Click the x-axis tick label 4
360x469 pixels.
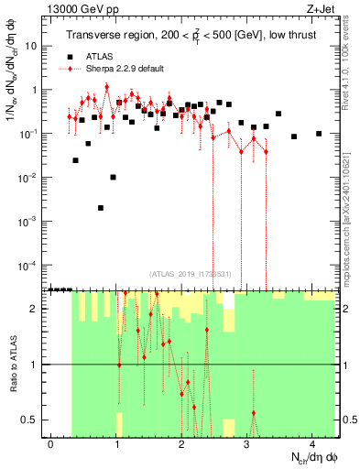click(312, 443)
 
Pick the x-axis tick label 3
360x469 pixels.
click(247, 443)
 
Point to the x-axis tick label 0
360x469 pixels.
click(51, 443)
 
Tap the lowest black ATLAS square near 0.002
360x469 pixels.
click(101, 208)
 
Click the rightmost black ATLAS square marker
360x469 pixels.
click(319, 134)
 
